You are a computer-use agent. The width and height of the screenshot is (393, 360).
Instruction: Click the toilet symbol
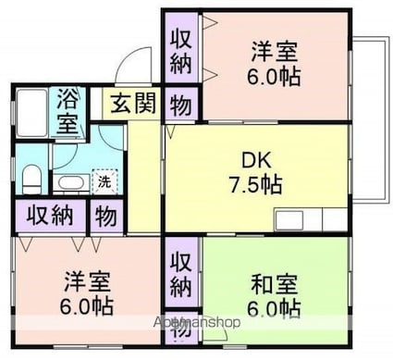pyautogui.click(x=30, y=175)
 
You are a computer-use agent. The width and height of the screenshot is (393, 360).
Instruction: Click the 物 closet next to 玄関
pyautogui.click(x=180, y=106)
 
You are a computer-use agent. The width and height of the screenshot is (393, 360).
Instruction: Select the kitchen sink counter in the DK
pyautogui.click(x=309, y=220)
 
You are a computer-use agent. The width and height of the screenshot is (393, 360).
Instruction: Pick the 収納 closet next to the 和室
pyautogui.click(x=180, y=273)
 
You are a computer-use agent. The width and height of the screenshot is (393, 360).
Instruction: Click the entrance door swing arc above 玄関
pyautogui.click(x=134, y=65)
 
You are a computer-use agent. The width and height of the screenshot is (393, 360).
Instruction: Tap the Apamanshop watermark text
pyautogui.click(x=196, y=324)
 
